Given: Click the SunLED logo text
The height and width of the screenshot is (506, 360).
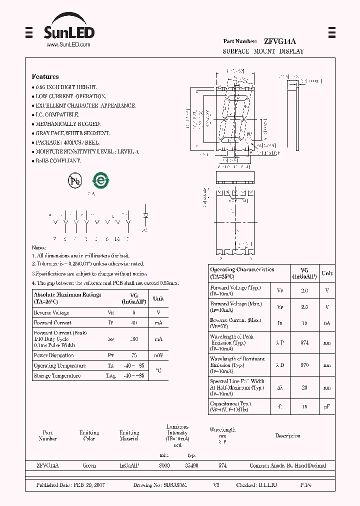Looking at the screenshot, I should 68,32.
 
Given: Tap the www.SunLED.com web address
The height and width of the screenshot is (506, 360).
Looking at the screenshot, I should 68,45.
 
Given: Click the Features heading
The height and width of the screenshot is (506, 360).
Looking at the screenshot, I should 45,76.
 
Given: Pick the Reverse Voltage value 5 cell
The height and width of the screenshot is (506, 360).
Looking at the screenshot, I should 133,312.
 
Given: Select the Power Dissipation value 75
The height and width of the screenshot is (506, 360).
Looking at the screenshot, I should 133,355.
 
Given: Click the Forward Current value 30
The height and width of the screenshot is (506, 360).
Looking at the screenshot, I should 133,323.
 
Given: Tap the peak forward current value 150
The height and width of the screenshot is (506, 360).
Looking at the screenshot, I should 133,339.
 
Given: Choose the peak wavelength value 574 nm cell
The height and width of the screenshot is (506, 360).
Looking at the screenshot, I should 304,342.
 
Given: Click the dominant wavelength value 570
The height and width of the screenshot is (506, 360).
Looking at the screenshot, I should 304,365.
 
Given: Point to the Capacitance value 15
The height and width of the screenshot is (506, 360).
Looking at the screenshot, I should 304,407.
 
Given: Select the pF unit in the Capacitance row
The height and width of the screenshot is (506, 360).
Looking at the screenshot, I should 326,407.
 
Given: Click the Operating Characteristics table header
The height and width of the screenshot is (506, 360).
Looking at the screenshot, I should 242,272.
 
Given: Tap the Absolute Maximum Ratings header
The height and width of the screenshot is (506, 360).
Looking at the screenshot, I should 67,298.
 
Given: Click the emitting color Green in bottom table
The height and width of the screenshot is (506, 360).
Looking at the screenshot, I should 89,465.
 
